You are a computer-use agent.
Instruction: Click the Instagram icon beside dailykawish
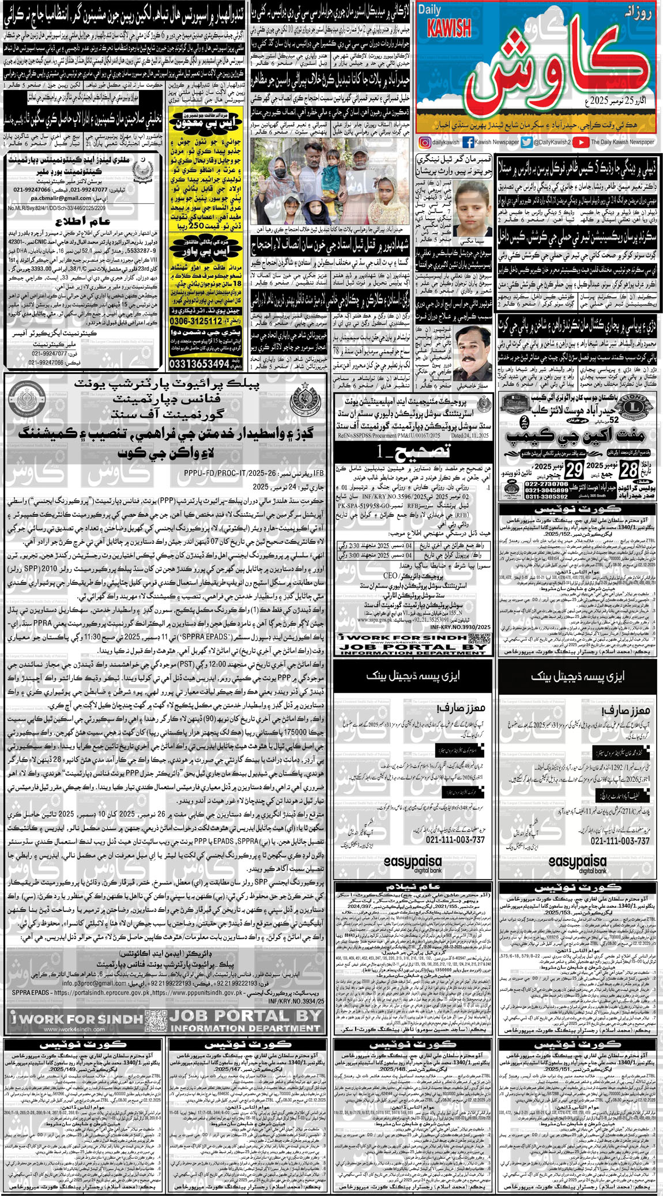[x=424, y=142]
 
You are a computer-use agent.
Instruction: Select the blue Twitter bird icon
[x=526, y=142]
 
